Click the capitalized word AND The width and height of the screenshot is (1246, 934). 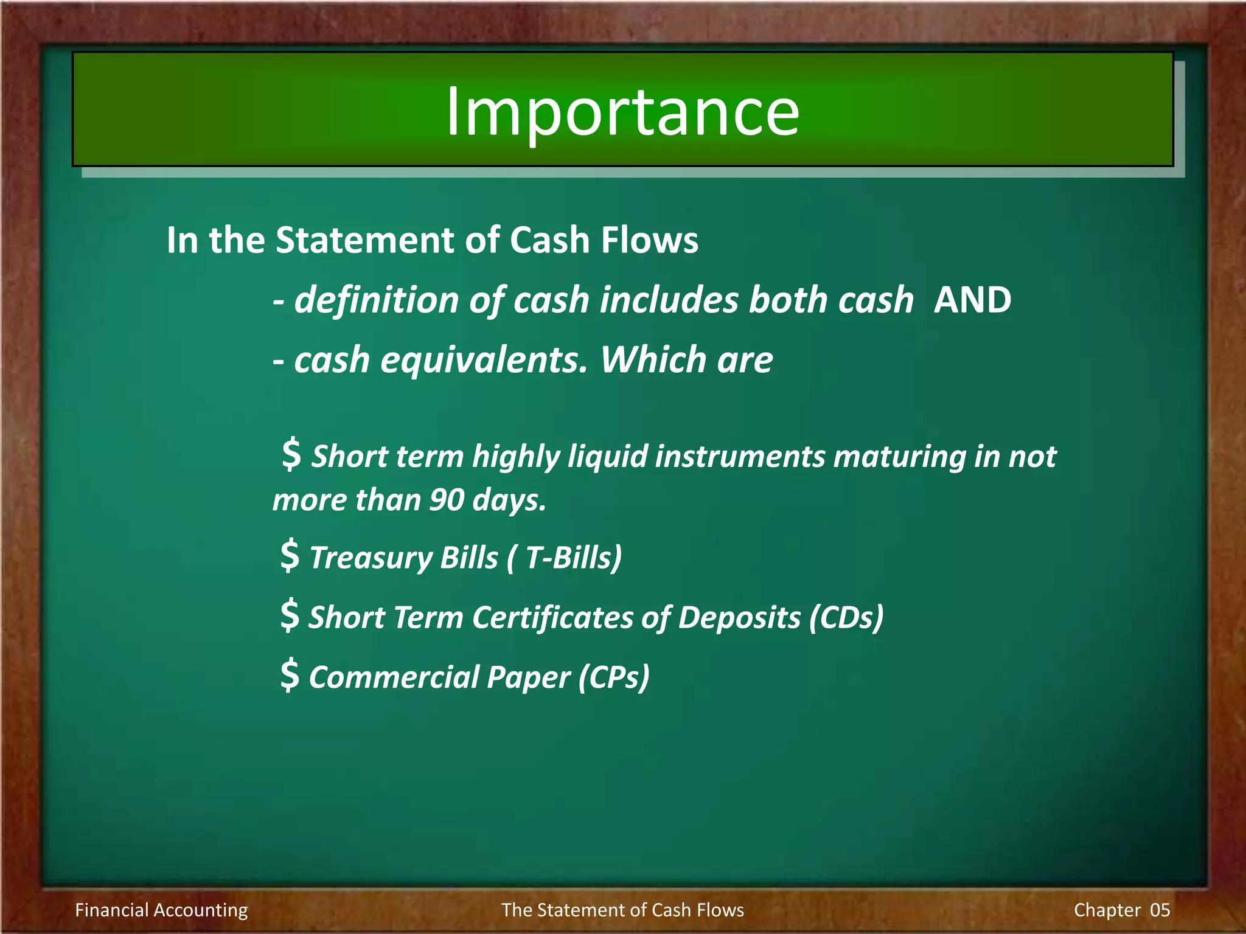click(x=972, y=300)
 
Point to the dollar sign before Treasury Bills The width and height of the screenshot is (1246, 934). click(x=290, y=555)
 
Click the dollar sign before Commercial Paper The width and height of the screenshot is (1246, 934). click(x=290, y=674)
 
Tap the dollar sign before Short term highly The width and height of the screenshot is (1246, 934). click(x=291, y=454)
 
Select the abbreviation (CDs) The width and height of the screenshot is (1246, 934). click(x=846, y=617)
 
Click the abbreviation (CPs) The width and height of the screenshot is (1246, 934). click(x=614, y=677)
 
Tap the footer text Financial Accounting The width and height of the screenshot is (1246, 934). click(x=161, y=910)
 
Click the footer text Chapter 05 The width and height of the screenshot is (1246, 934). click(x=1121, y=910)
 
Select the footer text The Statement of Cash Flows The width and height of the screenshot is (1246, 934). click(x=622, y=910)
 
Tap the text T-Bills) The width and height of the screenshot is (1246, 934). click(x=573, y=558)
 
